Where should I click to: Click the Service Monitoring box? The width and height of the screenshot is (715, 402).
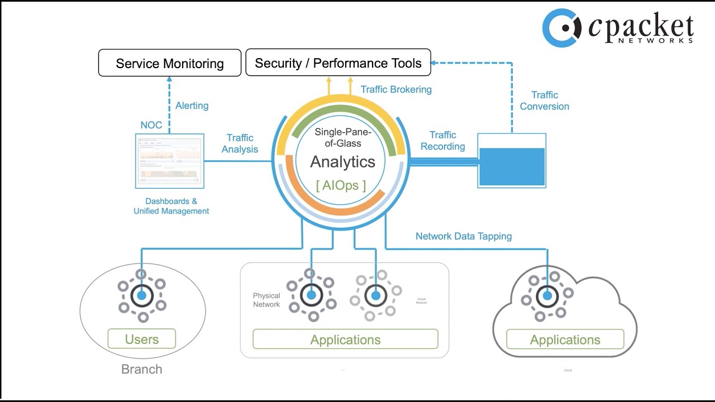[x=170, y=63]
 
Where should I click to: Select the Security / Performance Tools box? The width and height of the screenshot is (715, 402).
[x=338, y=63]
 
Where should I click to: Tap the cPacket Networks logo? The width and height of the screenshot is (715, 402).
[x=618, y=28]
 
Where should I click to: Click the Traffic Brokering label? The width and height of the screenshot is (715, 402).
[x=396, y=89]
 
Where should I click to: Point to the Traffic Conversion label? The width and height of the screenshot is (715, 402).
[x=545, y=101]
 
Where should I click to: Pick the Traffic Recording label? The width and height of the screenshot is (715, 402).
[x=443, y=141]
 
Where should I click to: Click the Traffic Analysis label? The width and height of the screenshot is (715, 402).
[x=240, y=143]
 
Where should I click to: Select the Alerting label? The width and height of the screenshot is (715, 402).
[x=192, y=106]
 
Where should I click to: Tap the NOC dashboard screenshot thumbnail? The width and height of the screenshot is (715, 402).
[x=170, y=161]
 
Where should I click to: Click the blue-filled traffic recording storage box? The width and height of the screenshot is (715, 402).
[x=512, y=166]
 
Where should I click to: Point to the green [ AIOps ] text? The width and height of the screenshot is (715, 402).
[x=341, y=185]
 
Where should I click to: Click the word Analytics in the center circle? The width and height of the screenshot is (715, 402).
[x=343, y=162]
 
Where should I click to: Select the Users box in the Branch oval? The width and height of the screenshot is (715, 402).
[x=142, y=339]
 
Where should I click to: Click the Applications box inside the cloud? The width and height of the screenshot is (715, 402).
[x=565, y=339]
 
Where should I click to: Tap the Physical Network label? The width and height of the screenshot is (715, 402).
[x=266, y=300]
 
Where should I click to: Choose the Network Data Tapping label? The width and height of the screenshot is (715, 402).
[x=464, y=236]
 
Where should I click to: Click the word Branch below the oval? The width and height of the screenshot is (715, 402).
[x=142, y=369]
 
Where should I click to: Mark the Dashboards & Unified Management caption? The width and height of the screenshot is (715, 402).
[x=171, y=206]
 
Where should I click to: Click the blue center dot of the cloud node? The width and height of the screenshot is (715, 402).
[x=547, y=296]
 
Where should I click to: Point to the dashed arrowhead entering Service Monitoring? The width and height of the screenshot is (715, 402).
[x=170, y=80]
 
